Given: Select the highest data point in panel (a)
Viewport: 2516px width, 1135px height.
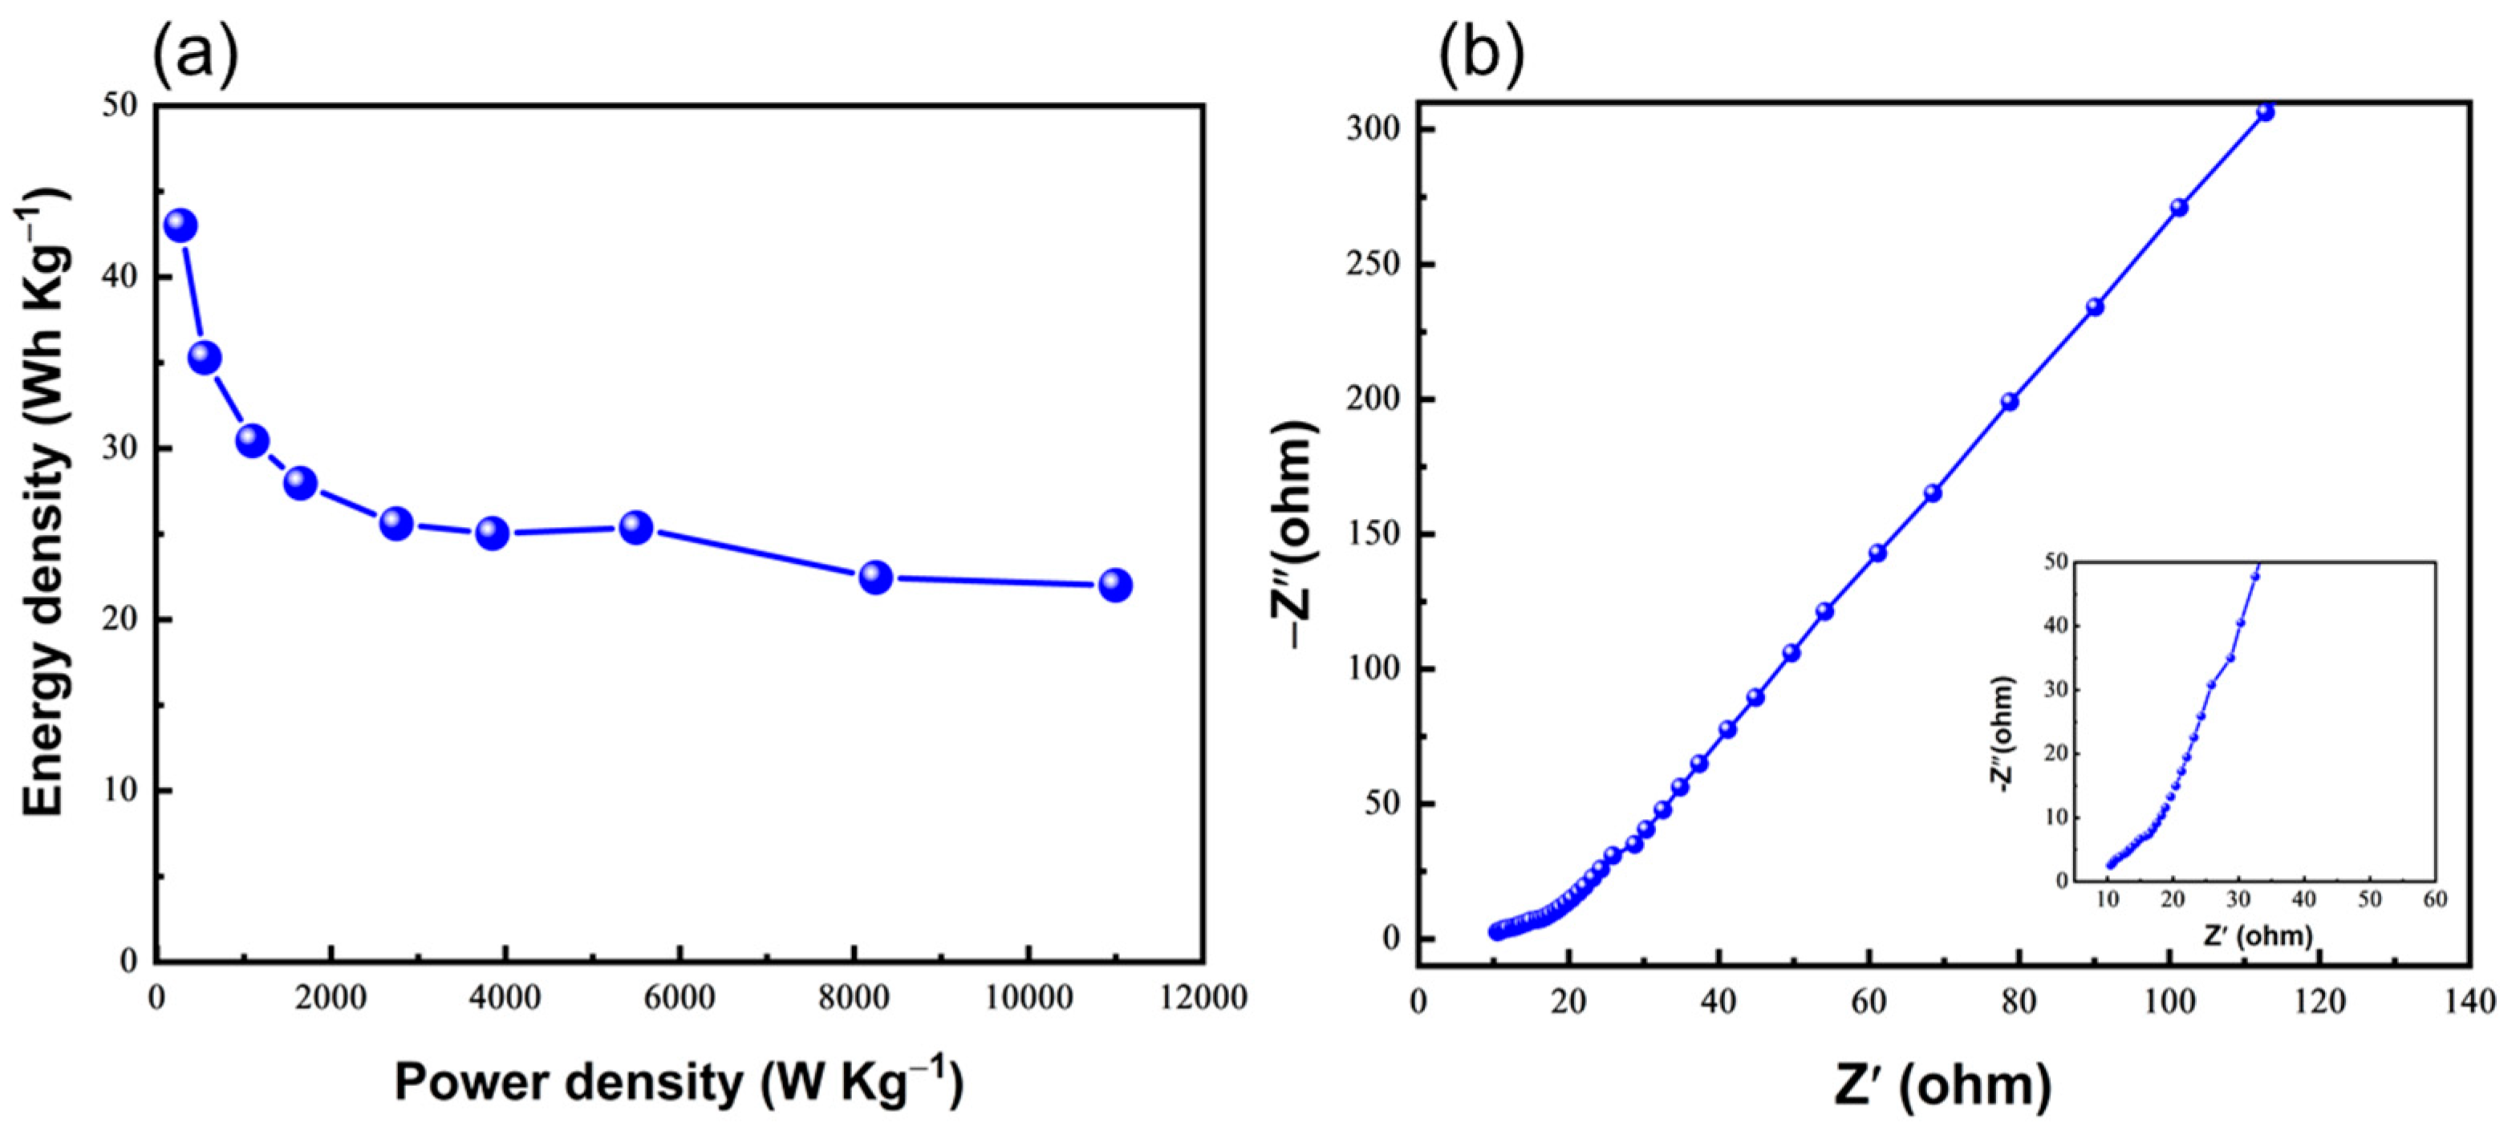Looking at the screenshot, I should click(181, 225).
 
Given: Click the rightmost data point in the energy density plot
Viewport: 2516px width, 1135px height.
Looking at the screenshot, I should click(1114, 585).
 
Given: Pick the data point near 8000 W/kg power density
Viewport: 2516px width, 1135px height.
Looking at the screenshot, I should click(875, 578).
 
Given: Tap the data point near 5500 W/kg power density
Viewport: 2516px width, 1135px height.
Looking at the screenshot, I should click(636, 529).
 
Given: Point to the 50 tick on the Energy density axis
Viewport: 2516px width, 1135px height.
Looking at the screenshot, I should click(121, 106).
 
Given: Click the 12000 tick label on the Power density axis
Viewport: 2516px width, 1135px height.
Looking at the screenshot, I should click(1203, 999).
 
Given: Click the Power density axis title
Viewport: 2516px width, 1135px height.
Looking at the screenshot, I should click(679, 1084).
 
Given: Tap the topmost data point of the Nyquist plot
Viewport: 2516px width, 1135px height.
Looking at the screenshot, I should click(2265, 112).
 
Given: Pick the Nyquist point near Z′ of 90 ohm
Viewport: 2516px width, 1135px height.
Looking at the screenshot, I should click(2094, 306).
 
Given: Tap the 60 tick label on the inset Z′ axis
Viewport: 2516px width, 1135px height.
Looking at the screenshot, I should click(2435, 898).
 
